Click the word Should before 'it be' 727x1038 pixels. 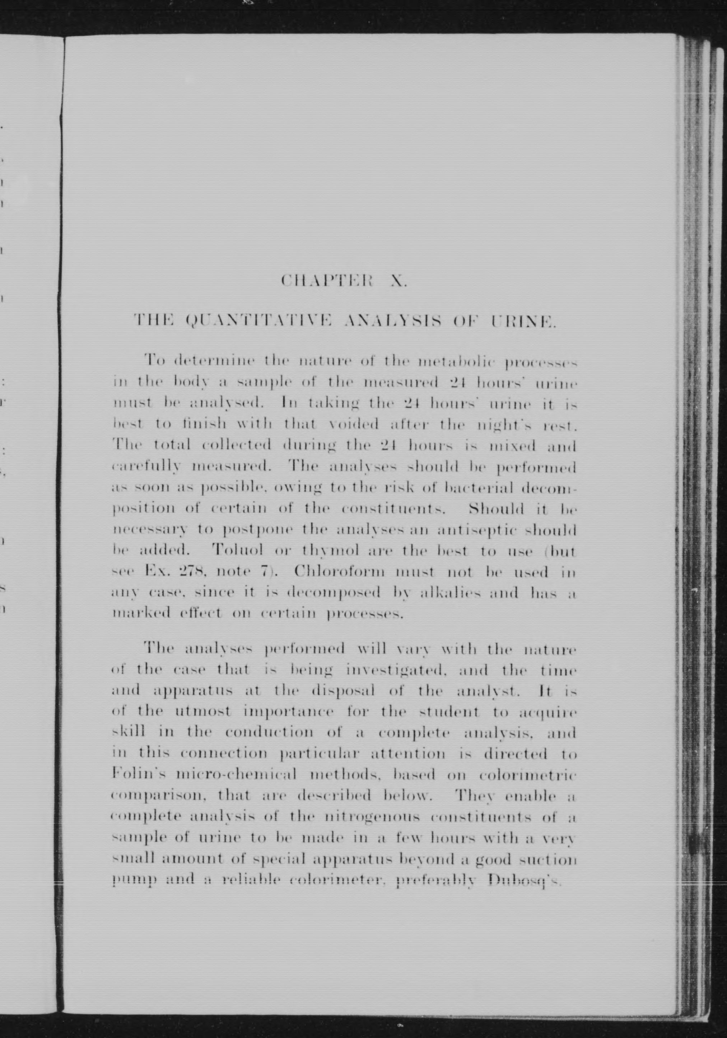tap(497, 509)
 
